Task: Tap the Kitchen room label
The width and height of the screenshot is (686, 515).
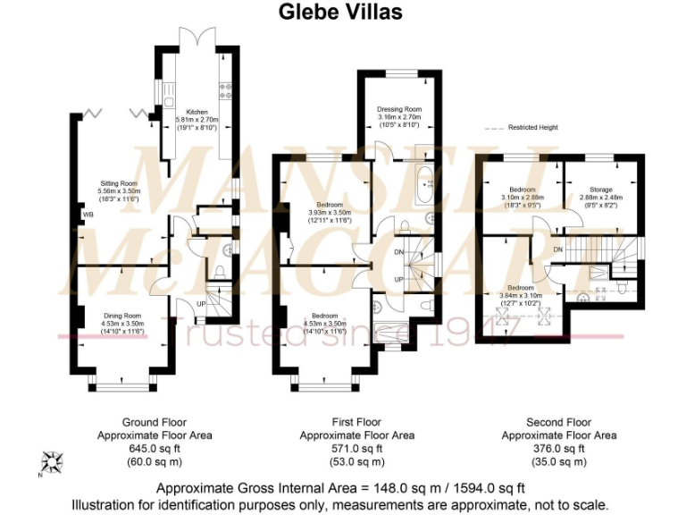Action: coord(197,112)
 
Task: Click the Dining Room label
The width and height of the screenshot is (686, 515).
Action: coord(123,316)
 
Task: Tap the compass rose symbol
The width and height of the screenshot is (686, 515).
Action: coord(52,462)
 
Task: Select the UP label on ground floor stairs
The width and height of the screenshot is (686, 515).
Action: coord(201,303)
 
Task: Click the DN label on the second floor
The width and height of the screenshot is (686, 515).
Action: coord(558,249)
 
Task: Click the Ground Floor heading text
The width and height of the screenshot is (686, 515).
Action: coord(154,422)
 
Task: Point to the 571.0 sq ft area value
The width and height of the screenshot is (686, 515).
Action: coord(356,449)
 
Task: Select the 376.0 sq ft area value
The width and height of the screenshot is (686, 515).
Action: coord(558,449)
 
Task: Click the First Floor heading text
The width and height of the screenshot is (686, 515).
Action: coord(356,422)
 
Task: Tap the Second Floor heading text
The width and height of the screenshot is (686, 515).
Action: coord(558,422)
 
